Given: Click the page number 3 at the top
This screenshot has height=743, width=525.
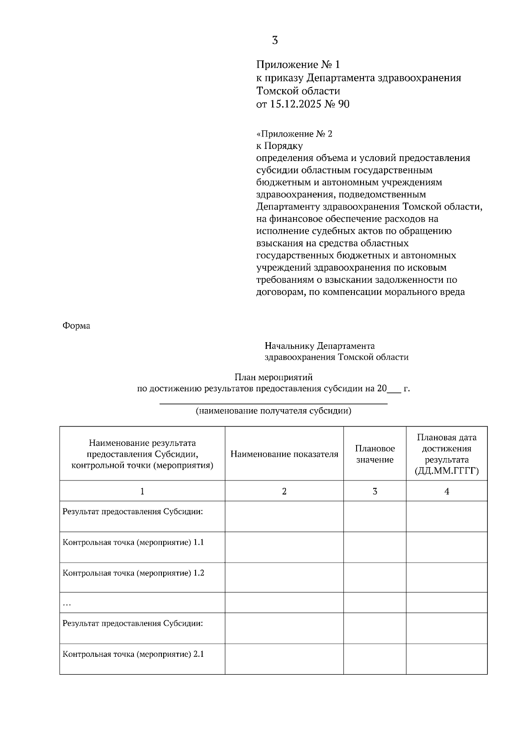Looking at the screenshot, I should click(x=275, y=41).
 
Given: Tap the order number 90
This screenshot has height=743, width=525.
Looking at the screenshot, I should click(x=344, y=105).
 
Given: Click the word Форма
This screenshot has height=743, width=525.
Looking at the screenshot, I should click(x=76, y=326).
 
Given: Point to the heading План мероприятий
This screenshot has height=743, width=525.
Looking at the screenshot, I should click(x=273, y=377).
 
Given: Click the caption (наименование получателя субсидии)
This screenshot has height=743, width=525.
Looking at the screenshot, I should click(x=273, y=411).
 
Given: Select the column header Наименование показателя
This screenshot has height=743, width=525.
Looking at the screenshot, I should click(x=284, y=454).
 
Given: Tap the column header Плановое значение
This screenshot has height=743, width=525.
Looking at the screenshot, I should click(x=375, y=454).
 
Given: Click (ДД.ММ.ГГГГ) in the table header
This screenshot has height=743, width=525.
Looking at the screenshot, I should click(x=447, y=471).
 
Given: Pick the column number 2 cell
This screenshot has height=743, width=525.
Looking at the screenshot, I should click(x=284, y=491).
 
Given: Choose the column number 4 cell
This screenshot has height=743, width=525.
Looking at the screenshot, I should click(x=447, y=491).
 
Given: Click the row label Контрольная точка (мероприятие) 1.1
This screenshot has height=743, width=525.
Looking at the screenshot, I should click(x=133, y=543).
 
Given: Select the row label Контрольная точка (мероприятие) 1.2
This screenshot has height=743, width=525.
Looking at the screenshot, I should click(x=133, y=573).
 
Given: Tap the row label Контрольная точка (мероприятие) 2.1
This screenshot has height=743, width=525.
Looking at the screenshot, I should click(x=133, y=655).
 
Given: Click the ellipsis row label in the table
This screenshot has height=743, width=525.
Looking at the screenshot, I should click(x=67, y=604).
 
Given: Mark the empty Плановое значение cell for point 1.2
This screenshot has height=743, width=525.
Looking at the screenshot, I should click(x=375, y=578).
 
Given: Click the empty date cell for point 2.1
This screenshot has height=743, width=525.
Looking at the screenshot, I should click(x=447, y=659).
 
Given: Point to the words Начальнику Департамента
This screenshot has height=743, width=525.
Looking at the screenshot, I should click(x=320, y=347).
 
